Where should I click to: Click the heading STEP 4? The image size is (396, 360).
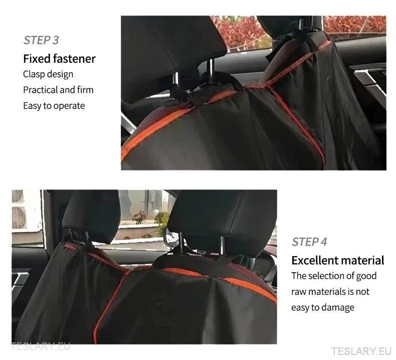[309, 242]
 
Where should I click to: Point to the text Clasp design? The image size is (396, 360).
[48, 74]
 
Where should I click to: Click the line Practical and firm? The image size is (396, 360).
[58, 90]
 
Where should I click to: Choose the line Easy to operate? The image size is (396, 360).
[54, 105]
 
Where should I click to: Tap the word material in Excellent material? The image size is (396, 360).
[363, 260]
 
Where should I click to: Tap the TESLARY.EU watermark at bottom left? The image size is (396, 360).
[41, 346]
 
